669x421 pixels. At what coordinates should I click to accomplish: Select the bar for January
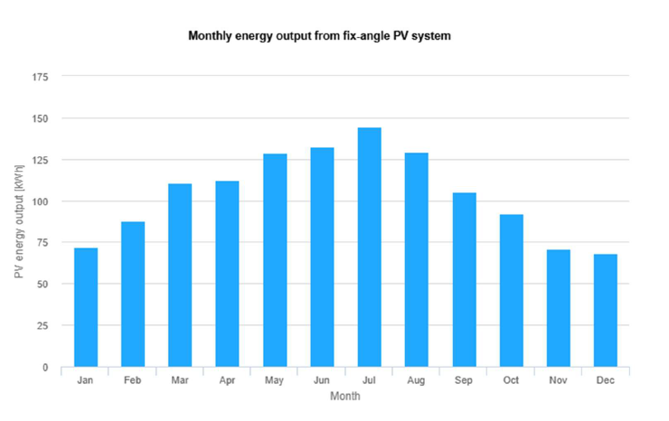(85, 307)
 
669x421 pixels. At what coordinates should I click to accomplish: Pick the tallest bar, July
(369, 248)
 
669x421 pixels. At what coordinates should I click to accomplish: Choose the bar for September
(464, 280)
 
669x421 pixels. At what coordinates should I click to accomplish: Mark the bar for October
(511, 290)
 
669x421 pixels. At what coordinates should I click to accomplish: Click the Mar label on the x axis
(180, 380)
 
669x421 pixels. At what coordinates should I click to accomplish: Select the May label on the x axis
(275, 380)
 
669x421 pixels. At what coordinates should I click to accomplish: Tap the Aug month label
(416, 380)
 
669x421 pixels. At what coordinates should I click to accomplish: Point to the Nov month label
(558, 380)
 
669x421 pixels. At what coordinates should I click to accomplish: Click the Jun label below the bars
(322, 380)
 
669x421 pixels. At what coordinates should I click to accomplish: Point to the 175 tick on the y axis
(41, 77)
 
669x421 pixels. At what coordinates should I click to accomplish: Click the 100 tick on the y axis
(41, 201)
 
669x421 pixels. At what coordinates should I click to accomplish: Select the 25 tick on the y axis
(43, 325)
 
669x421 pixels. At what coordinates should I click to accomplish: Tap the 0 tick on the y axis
(46, 368)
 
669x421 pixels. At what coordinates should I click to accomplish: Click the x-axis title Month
(344, 396)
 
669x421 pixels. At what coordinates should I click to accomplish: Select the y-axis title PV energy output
(19, 221)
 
